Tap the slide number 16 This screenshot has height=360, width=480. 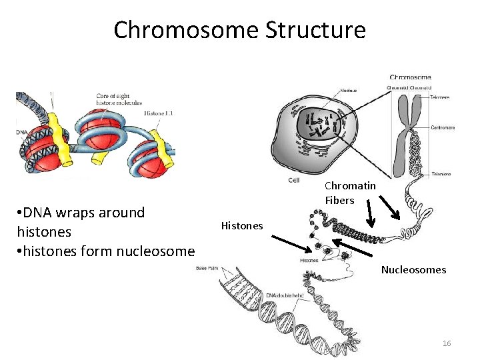point(447,343)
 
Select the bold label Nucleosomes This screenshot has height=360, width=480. point(413,270)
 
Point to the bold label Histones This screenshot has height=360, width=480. point(242,226)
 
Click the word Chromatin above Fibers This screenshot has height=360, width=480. point(350,186)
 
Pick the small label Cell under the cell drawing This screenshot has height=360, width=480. point(293,180)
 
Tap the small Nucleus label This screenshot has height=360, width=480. point(348,90)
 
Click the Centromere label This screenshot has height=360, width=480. point(443,126)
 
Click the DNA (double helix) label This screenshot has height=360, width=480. point(285,295)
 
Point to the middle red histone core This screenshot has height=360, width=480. point(100,130)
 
